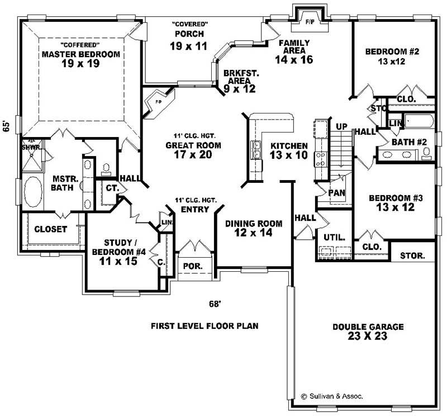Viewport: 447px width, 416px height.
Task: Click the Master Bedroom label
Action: point(81,54)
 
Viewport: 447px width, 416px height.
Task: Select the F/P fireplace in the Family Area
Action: point(310,21)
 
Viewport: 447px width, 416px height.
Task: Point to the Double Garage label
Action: point(368,327)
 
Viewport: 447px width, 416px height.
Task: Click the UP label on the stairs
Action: point(342,126)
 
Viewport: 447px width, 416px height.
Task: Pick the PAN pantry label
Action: point(336,192)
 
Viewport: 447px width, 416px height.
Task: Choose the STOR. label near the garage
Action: point(412,256)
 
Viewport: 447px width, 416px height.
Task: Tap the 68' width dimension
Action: point(215,304)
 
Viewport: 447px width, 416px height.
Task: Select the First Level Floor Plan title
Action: point(205,325)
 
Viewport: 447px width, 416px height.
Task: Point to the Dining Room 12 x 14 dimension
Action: point(253,233)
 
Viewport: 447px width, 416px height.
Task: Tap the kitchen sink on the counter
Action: point(256,149)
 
